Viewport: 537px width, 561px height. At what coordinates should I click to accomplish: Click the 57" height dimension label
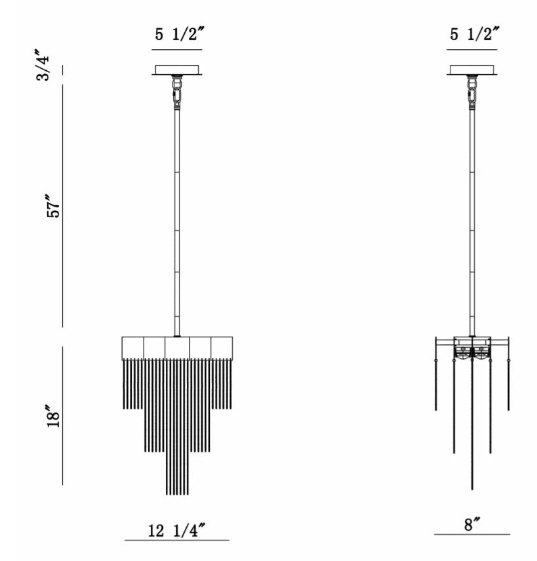pyautogui.click(x=54, y=206)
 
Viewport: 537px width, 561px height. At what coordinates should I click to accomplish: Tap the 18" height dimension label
pyautogui.click(x=54, y=416)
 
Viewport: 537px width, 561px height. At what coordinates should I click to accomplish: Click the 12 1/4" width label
pyautogui.click(x=177, y=530)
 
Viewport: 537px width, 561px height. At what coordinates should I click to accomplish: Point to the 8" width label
pyautogui.click(x=472, y=524)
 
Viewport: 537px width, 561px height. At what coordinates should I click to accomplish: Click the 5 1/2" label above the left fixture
pyautogui.click(x=180, y=34)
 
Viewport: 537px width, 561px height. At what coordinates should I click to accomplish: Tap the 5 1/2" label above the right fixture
pyautogui.click(x=475, y=34)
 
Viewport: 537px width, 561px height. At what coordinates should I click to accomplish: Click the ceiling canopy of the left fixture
pyautogui.click(x=177, y=70)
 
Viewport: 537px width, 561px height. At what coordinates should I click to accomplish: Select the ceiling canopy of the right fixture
pyautogui.click(x=472, y=70)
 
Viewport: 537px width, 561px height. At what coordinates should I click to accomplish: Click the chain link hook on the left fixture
pyautogui.click(x=176, y=94)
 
